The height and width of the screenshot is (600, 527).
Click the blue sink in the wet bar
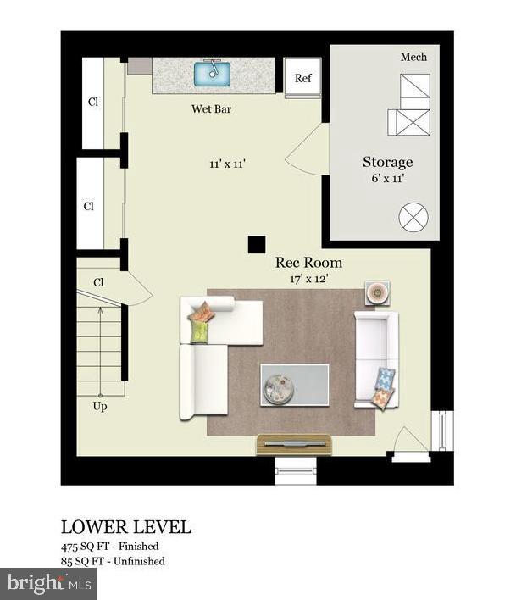click(213, 74)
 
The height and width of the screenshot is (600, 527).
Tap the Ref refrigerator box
click(302, 78)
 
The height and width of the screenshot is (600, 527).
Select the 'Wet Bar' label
click(211, 109)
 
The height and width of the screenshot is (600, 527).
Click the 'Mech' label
click(413, 57)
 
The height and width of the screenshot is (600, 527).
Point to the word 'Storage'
click(387, 162)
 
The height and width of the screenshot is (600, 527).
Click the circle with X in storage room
click(413, 217)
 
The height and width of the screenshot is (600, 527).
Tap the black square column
click(256, 244)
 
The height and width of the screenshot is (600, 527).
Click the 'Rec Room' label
click(308, 263)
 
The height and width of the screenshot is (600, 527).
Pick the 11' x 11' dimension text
click(228, 164)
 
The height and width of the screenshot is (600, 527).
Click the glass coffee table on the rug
click(294, 385)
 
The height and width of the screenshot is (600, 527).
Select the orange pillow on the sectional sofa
click(202, 313)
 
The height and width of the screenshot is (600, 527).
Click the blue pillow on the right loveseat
click(385, 378)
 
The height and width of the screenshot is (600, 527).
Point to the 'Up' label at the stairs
click(100, 406)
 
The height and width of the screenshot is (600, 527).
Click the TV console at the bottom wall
click(294, 443)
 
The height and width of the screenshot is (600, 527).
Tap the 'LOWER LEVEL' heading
click(126, 526)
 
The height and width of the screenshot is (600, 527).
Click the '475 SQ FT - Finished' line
click(109, 547)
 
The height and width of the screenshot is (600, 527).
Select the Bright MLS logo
click(48, 583)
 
